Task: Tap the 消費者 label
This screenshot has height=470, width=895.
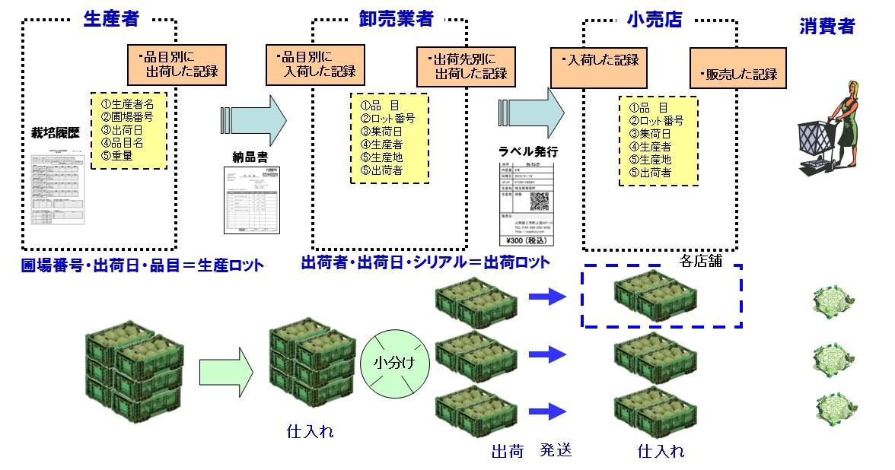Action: (827, 27)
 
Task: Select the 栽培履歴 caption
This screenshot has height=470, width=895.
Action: (55, 132)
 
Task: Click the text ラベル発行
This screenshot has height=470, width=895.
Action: (526, 150)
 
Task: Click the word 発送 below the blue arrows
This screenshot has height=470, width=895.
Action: (556, 450)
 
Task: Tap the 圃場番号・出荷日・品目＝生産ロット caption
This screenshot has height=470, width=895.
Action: (142, 265)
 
